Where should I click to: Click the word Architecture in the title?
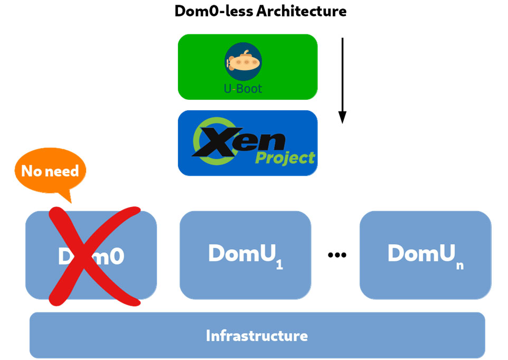[302, 12]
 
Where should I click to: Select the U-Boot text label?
[243, 89]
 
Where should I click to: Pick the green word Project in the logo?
[285, 157]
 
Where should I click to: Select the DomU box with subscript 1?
[245, 254]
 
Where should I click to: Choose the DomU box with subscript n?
[425, 254]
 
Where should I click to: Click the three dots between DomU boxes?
[337, 255]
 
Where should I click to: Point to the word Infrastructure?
[257, 336]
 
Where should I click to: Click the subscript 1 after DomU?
[279, 265]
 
